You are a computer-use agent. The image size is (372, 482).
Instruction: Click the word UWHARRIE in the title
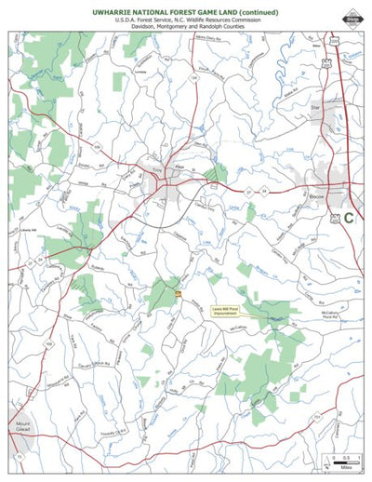tap(114, 11)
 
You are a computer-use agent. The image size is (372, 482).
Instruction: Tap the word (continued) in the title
tap(254, 11)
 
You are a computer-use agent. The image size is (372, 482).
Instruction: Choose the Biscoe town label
tap(316, 198)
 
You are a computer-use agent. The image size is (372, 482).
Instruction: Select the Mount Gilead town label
tap(22, 427)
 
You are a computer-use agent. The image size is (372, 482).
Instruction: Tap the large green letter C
tap(348, 219)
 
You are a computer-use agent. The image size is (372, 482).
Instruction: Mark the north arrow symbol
tap(325, 458)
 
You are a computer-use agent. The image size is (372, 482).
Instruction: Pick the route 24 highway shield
tap(264, 191)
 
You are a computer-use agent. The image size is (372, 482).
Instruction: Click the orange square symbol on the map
tap(178, 295)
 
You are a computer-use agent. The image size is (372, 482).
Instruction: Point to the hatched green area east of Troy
tap(218, 173)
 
